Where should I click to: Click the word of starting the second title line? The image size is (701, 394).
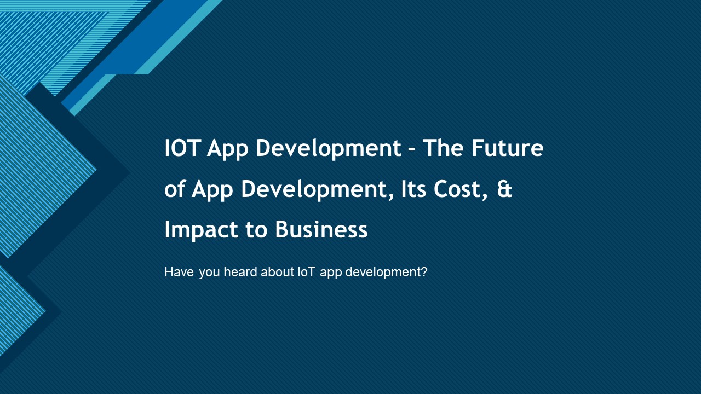click(x=175, y=189)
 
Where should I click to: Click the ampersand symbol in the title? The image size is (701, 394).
click(x=505, y=189)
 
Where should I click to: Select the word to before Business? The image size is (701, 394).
click(x=256, y=230)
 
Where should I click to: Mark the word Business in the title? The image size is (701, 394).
click(x=321, y=229)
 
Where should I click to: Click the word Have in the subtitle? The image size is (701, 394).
click(x=179, y=272)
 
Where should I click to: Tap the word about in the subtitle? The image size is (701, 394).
click(x=277, y=272)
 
